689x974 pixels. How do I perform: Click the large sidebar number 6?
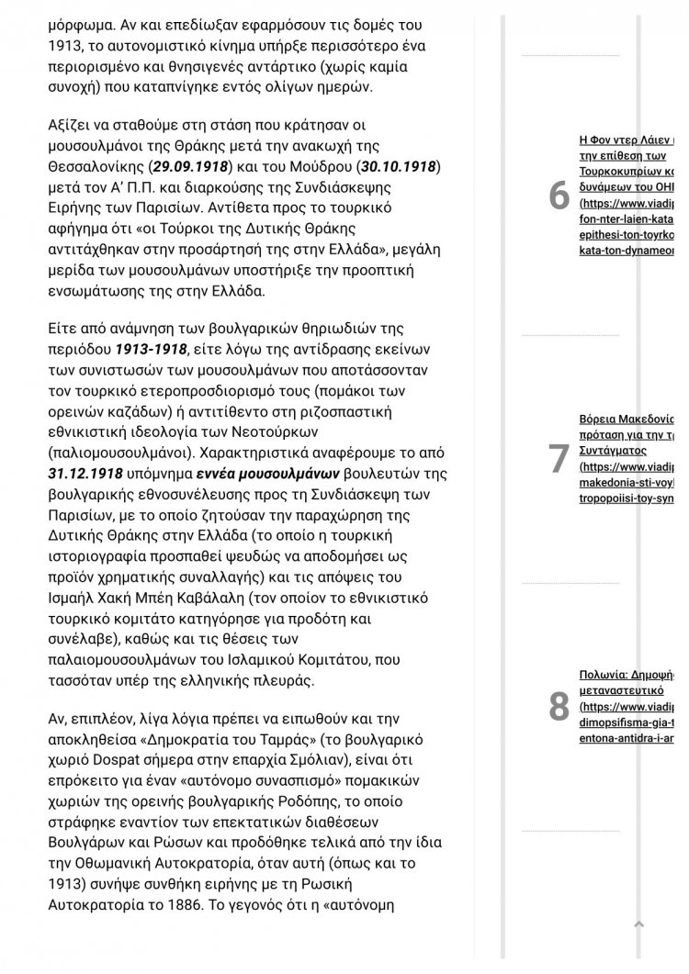(x=559, y=196)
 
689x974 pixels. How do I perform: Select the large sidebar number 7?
(x=559, y=458)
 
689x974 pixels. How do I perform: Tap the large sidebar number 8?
(x=559, y=706)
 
